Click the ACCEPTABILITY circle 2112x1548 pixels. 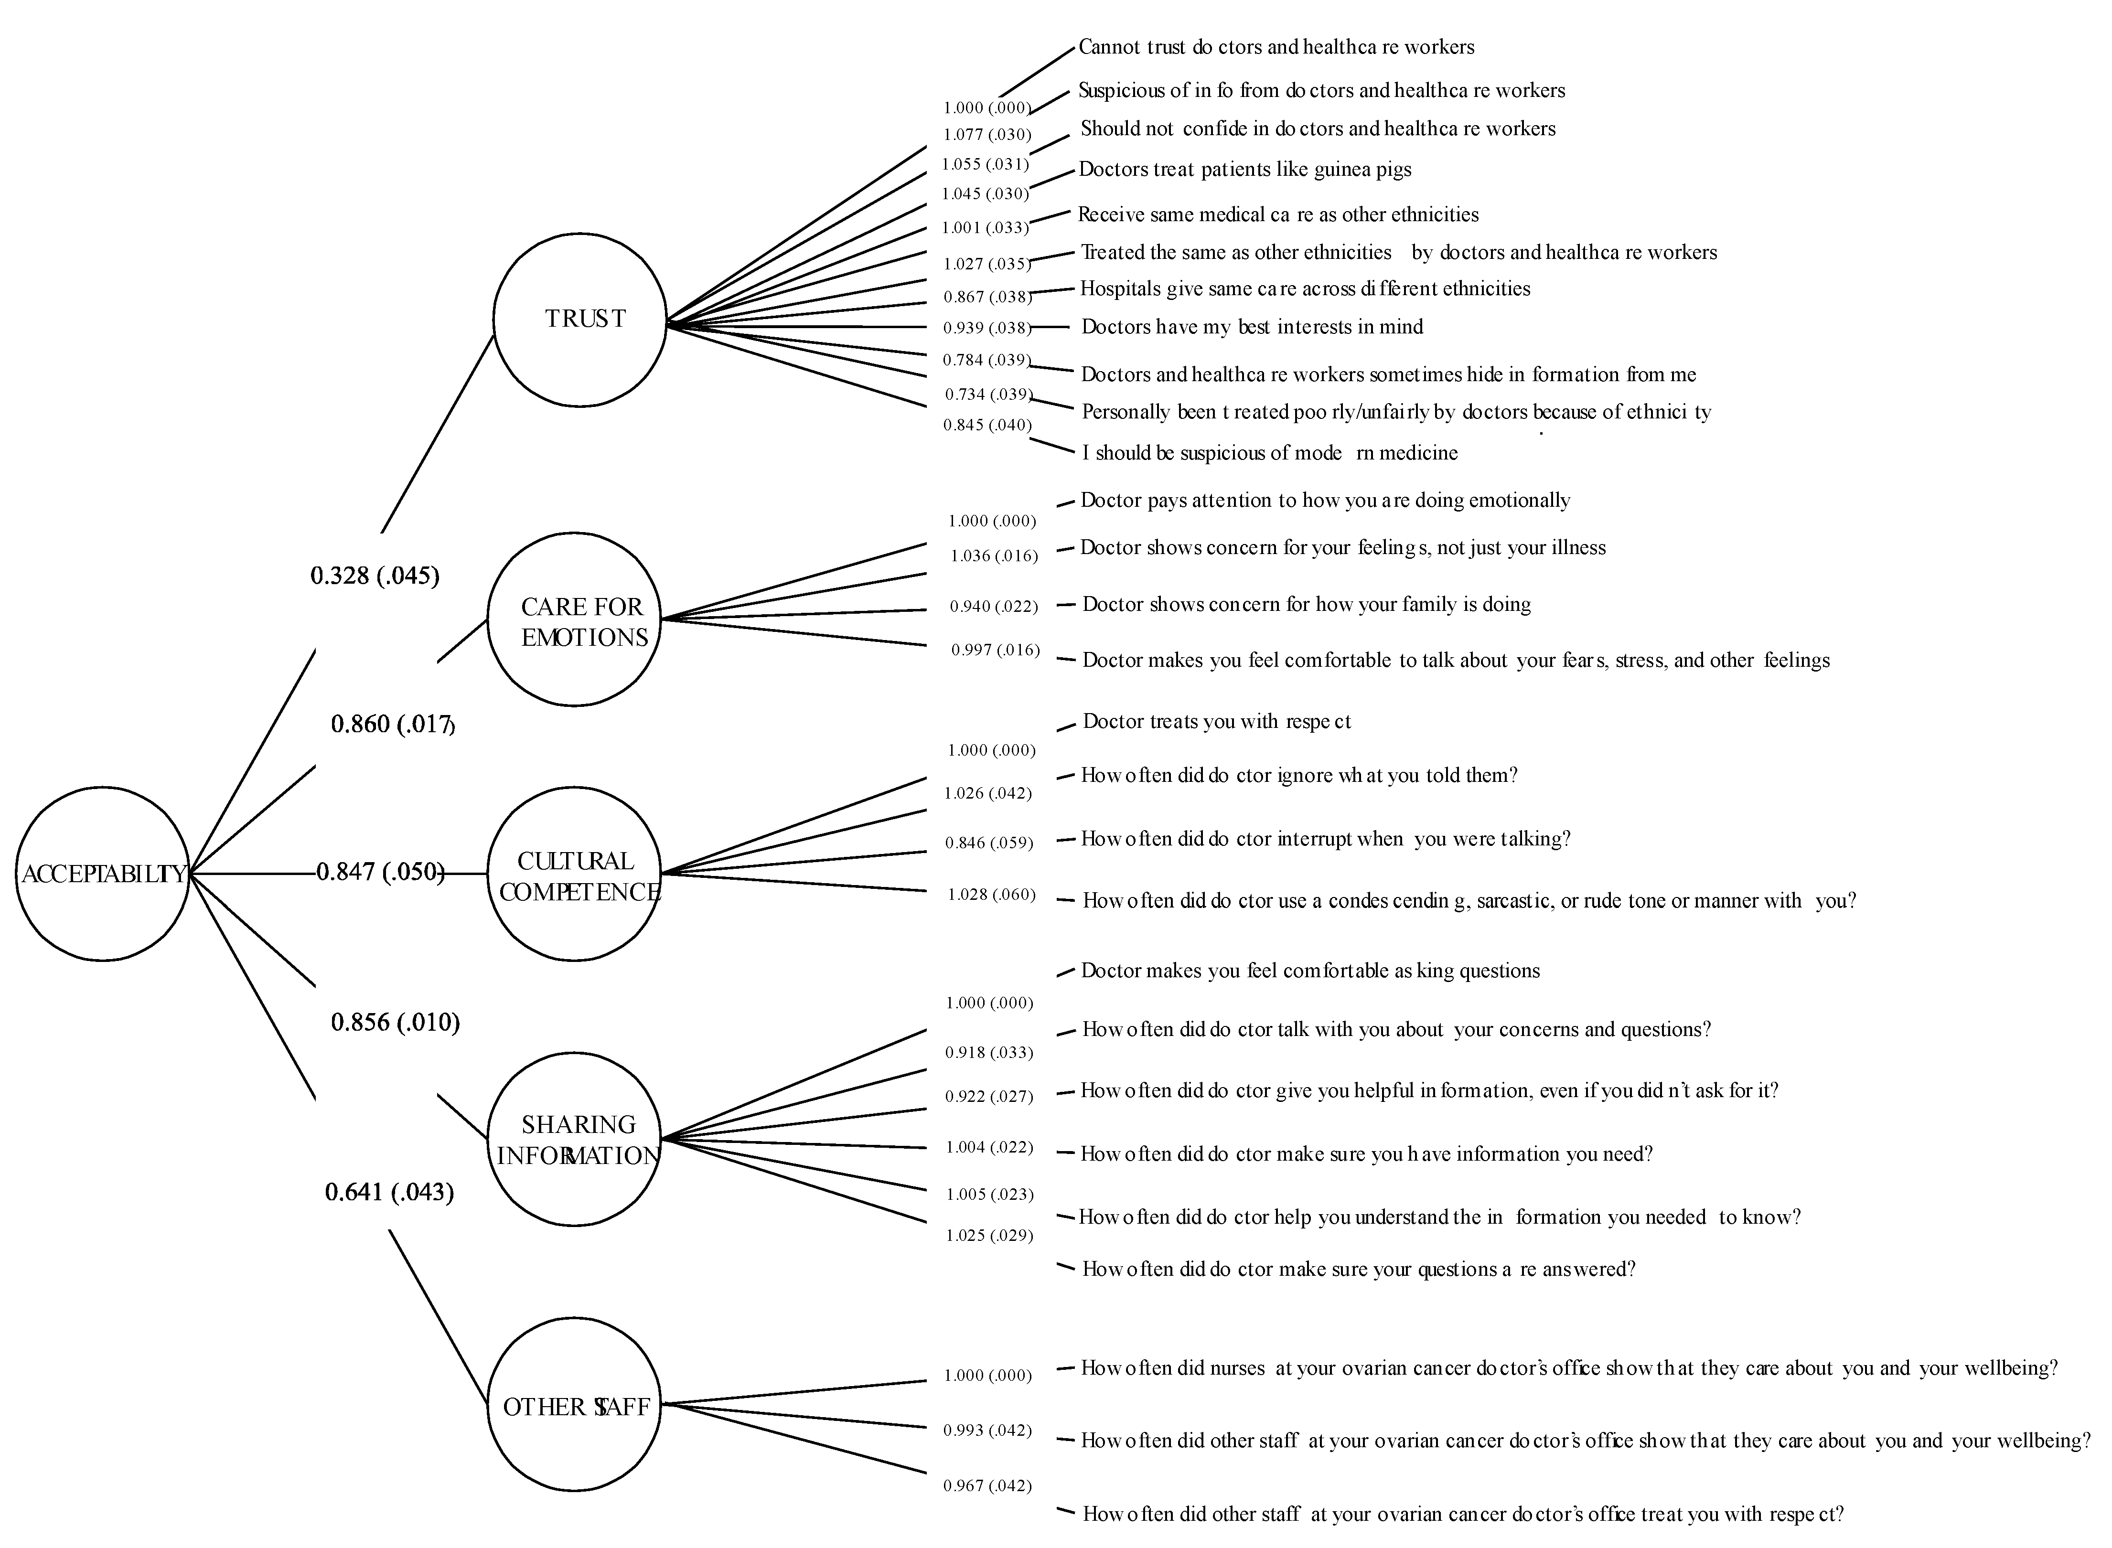[102, 873]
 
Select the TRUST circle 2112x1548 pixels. [580, 320]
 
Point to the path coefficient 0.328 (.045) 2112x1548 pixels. [375, 576]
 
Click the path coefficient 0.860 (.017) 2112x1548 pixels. [393, 725]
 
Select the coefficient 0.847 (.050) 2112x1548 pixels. [379, 872]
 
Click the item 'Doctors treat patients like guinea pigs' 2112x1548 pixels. [1244, 170]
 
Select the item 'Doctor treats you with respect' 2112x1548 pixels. [1216, 722]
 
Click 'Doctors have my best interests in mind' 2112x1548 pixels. [1252, 327]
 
